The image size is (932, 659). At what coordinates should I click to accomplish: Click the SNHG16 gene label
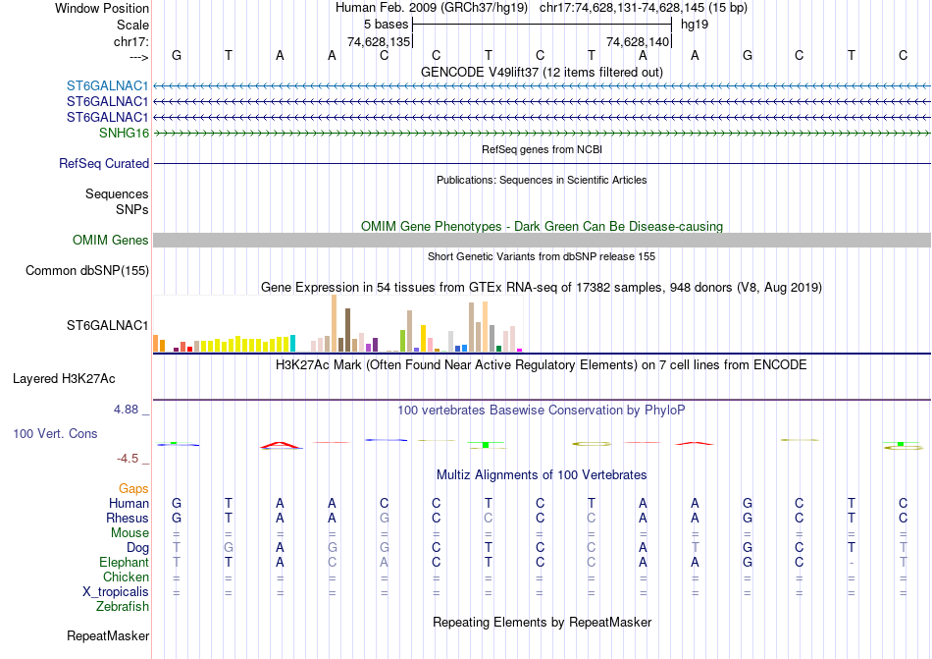click(x=124, y=133)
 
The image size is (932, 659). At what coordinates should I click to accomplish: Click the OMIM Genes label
click(x=111, y=241)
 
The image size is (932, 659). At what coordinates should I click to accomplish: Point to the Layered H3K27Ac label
click(x=80, y=378)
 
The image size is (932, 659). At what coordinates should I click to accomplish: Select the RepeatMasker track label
click(x=108, y=636)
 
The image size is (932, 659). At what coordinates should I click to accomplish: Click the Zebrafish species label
click(x=123, y=607)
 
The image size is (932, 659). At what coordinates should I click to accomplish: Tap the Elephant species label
click(x=124, y=563)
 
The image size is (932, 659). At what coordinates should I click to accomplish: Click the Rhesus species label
click(x=129, y=519)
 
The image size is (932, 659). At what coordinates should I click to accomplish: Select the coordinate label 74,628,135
click(x=379, y=42)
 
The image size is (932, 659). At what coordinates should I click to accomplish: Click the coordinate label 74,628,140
click(x=638, y=42)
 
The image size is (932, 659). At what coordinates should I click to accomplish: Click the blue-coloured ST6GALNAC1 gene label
click(x=107, y=85)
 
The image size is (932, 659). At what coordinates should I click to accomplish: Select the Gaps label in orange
click(x=133, y=488)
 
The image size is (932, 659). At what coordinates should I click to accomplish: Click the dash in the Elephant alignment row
click(x=852, y=563)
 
